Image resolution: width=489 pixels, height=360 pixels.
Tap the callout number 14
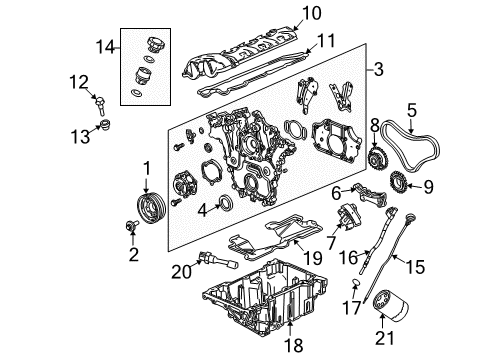[x=102, y=46]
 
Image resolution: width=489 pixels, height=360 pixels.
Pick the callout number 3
[x=378, y=71]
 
